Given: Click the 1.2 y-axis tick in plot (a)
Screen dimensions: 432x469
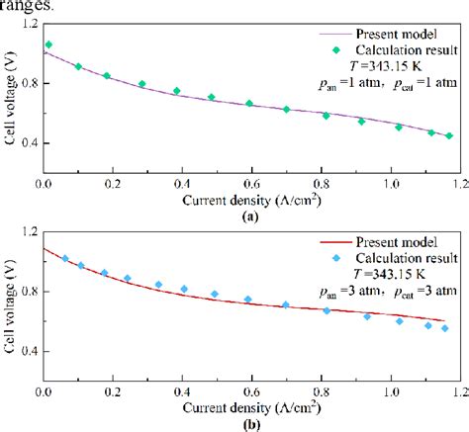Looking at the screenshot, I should (28, 21).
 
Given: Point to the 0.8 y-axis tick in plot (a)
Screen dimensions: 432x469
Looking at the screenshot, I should (28, 82).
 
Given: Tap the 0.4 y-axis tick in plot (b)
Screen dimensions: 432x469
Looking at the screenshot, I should (28, 351).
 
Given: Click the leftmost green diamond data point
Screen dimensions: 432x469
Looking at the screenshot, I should (49, 45).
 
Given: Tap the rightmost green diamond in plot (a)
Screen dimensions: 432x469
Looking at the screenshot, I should (448, 136).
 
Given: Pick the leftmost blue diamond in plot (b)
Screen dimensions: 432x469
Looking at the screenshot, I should (66, 259).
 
